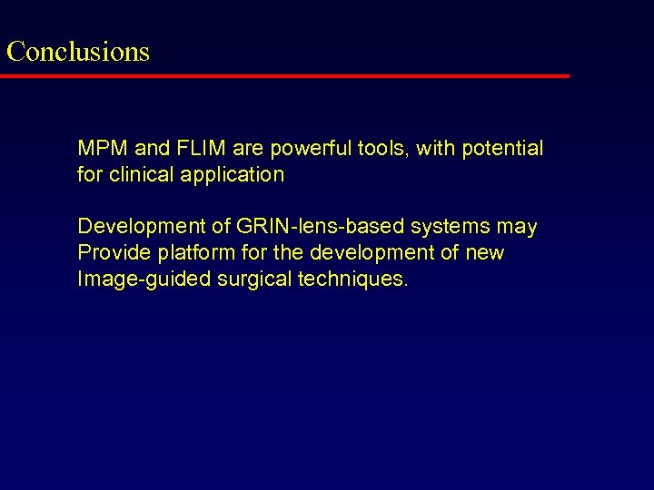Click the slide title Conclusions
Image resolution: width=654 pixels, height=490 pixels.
[78, 51]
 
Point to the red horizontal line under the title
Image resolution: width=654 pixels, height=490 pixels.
[284, 76]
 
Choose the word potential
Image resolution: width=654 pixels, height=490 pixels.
[502, 148]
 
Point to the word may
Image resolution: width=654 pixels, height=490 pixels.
[517, 226]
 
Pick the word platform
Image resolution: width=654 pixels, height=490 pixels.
[185, 252]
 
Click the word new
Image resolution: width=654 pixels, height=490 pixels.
[484, 252]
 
